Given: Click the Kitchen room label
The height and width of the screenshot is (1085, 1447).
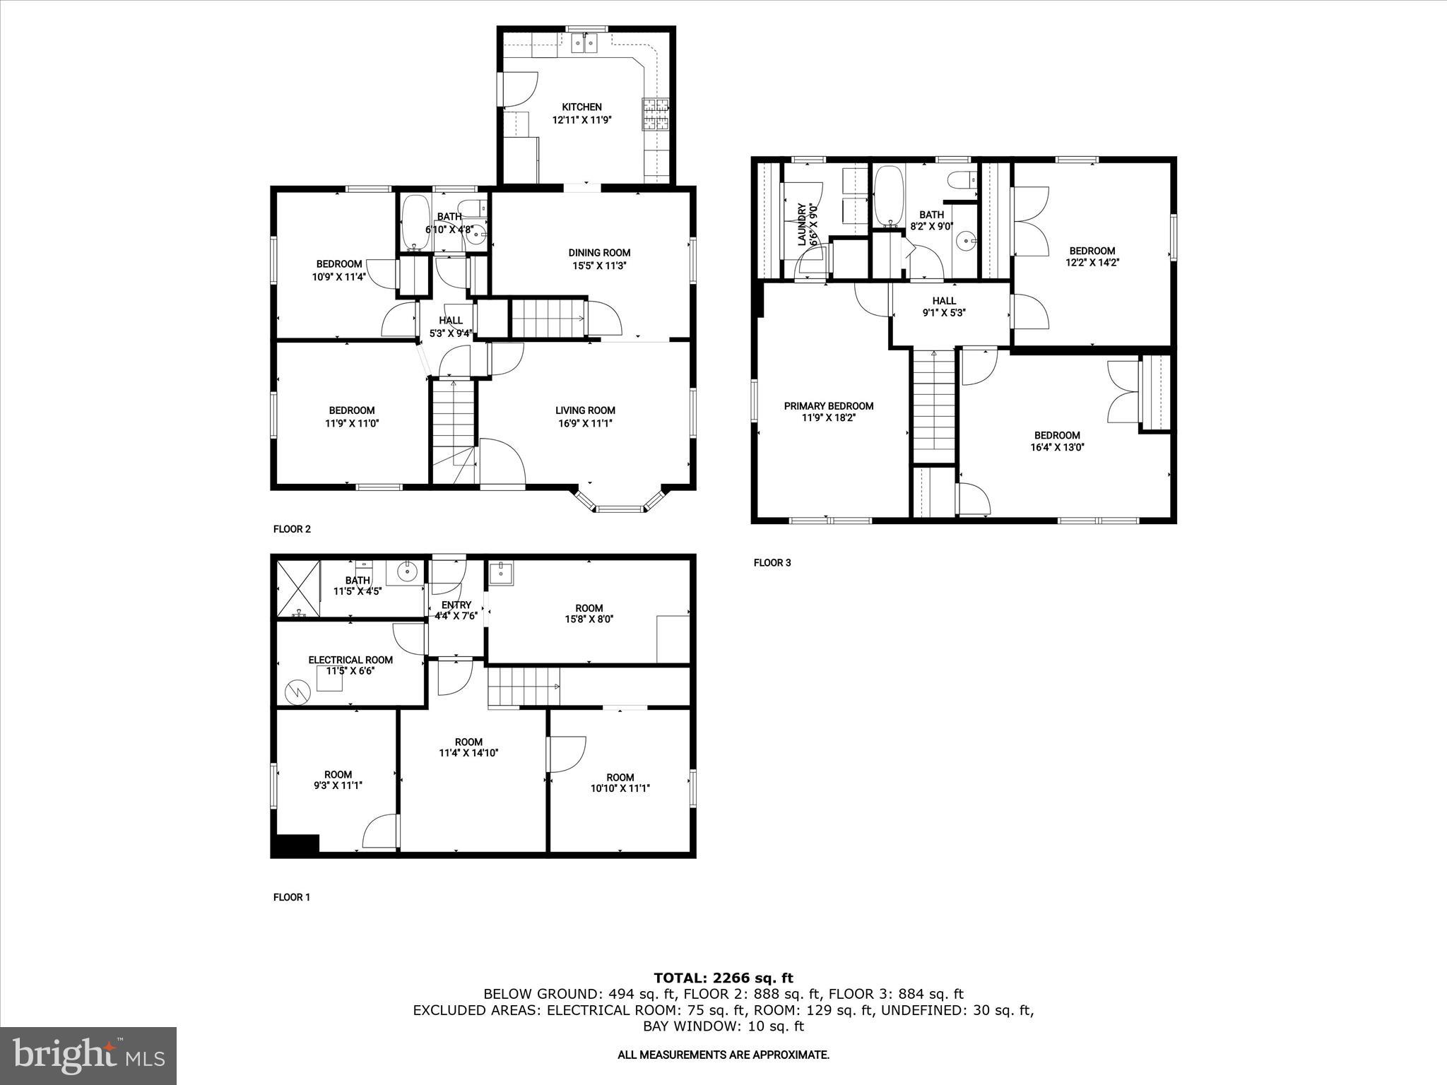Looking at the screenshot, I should [x=581, y=107].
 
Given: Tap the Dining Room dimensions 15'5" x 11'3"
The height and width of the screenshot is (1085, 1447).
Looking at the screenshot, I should [x=599, y=266].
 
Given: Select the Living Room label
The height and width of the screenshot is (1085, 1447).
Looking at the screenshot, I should [x=585, y=410].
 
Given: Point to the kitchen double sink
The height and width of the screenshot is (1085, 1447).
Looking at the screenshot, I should [x=584, y=44].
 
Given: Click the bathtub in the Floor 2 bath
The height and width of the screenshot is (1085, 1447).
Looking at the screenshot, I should [x=415, y=223].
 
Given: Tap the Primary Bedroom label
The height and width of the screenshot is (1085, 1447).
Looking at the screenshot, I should [x=829, y=406].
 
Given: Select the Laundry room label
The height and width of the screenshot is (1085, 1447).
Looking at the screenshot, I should [x=802, y=225].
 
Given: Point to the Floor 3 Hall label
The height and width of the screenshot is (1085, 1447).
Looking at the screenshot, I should [x=944, y=301].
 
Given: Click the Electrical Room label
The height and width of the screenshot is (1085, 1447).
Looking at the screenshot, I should [x=350, y=660].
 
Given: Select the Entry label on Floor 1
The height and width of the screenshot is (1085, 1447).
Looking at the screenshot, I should [x=456, y=605].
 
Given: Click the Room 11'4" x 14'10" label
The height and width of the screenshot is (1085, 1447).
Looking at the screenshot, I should [x=468, y=742].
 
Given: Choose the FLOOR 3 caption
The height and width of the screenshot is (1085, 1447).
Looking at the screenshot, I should [x=772, y=563].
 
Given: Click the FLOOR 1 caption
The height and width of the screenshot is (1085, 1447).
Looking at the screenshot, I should [x=292, y=897].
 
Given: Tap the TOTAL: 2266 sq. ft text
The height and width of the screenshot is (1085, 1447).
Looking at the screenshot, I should [x=723, y=978].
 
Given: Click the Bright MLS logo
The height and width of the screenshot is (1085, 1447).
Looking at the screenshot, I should [x=88, y=1055].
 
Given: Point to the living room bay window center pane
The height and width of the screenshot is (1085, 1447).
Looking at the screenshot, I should [x=619, y=508].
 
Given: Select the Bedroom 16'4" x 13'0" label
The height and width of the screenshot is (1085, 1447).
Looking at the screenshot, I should [x=1057, y=436].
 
